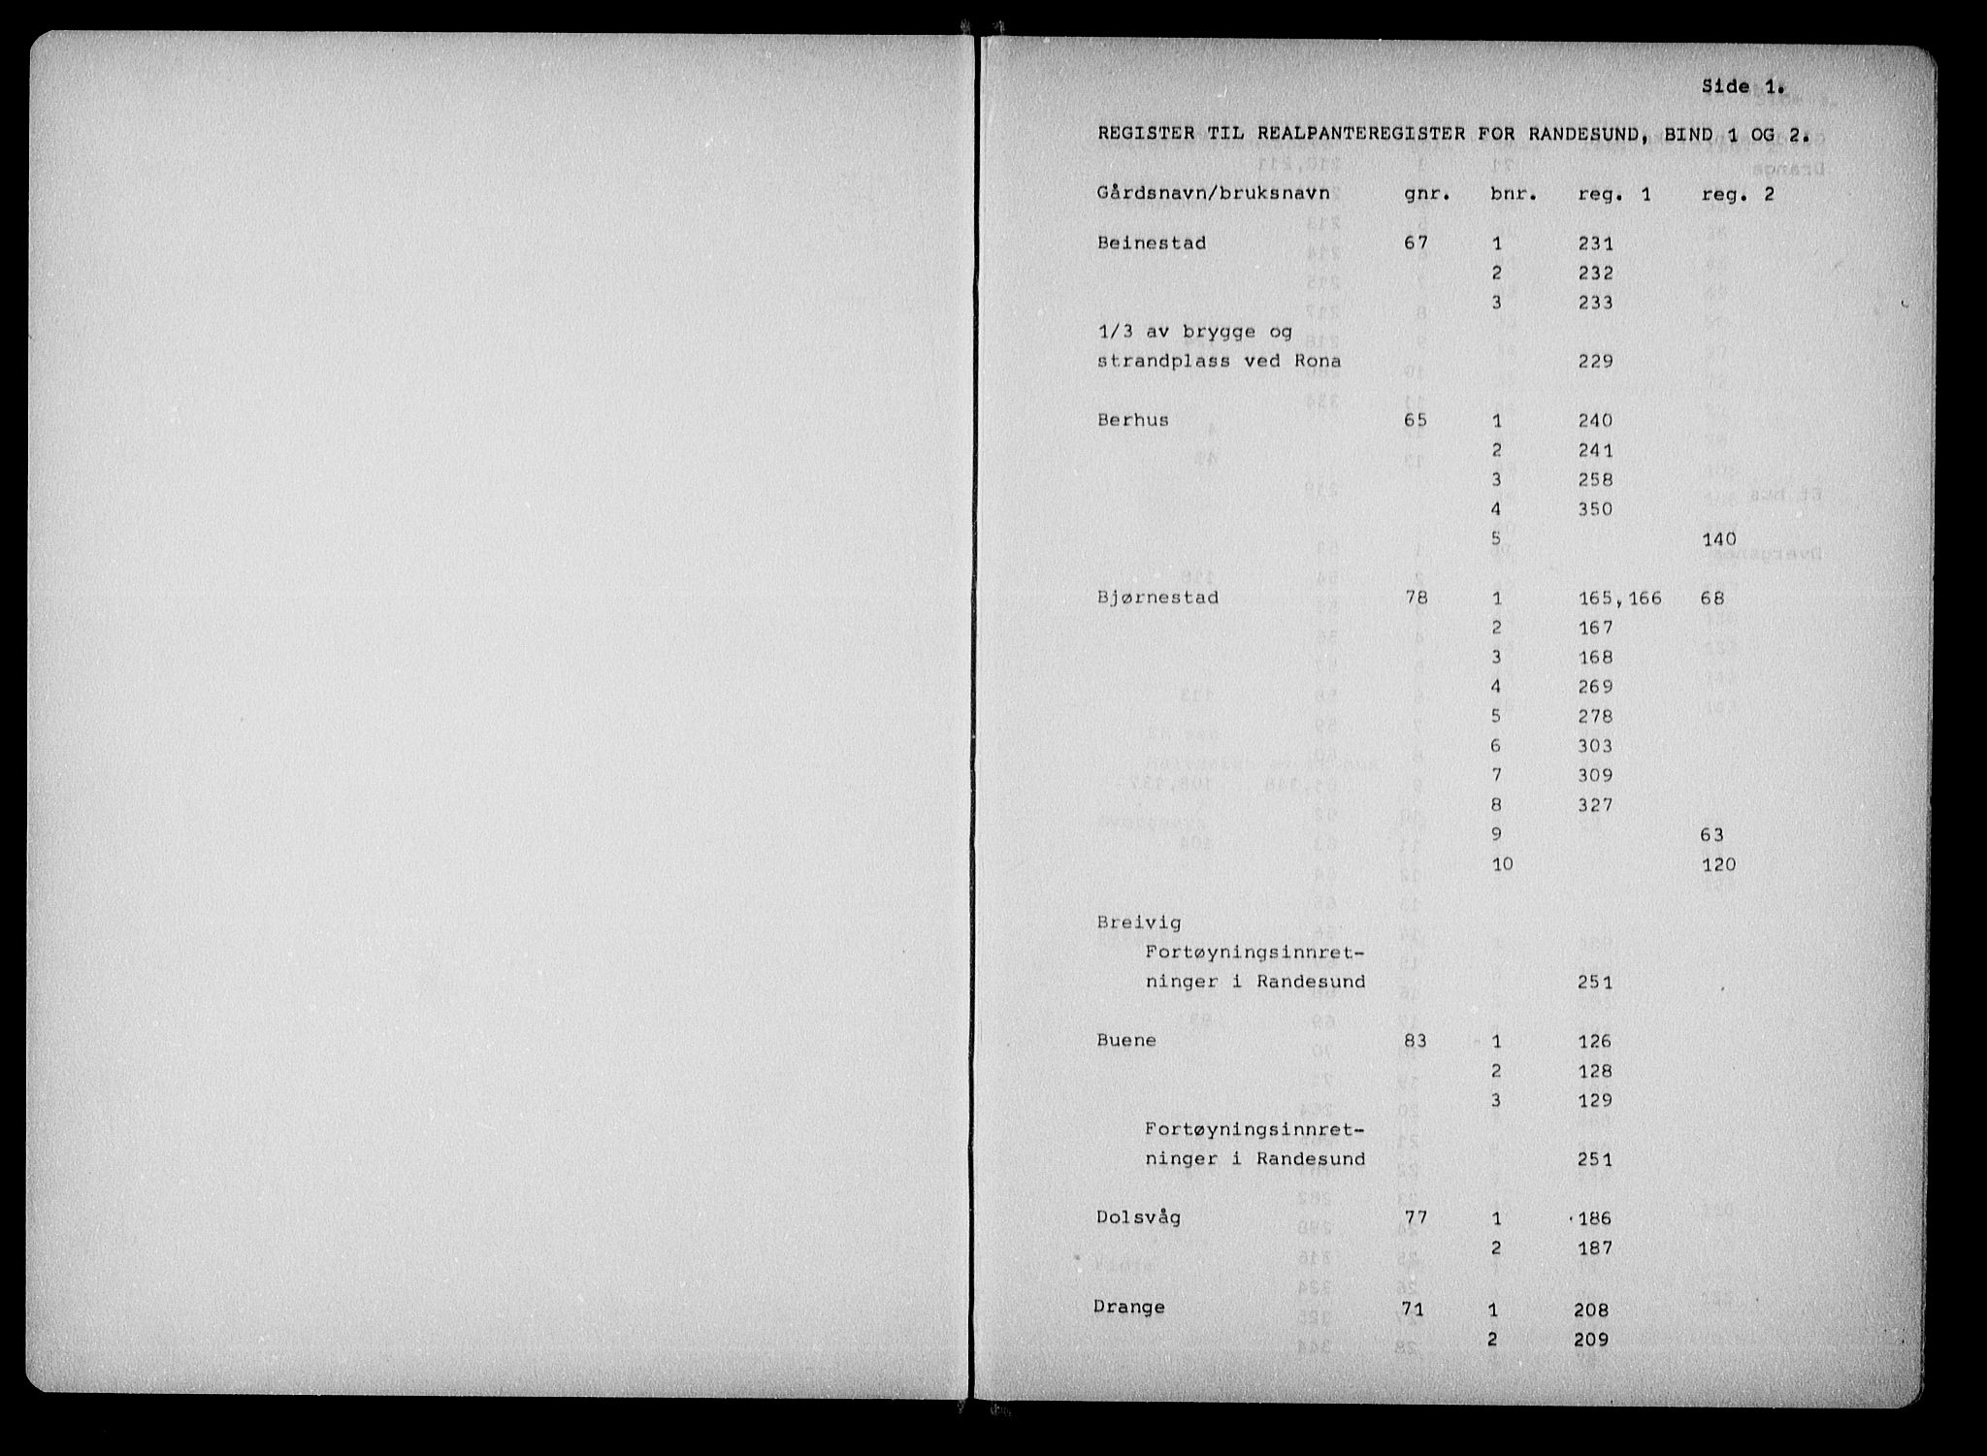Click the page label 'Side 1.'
1743,87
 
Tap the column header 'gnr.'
1427,194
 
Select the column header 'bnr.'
1514,194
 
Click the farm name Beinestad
1152,243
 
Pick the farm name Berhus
1133,420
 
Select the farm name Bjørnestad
1157,598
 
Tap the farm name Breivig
1140,922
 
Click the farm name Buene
1126,1040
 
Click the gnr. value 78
1417,598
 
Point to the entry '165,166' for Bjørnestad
1620,599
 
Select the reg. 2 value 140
1719,538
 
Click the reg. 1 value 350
1595,508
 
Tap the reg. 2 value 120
1719,863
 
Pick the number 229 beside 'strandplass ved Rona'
1595,361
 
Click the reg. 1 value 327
1595,804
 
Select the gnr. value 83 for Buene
1417,1041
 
